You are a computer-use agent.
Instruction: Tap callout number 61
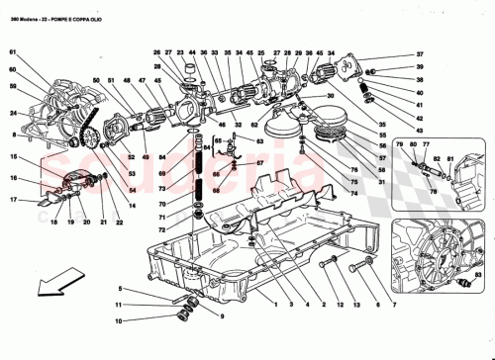click(x=14, y=51)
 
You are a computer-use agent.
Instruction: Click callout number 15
click(x=14, y=157)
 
